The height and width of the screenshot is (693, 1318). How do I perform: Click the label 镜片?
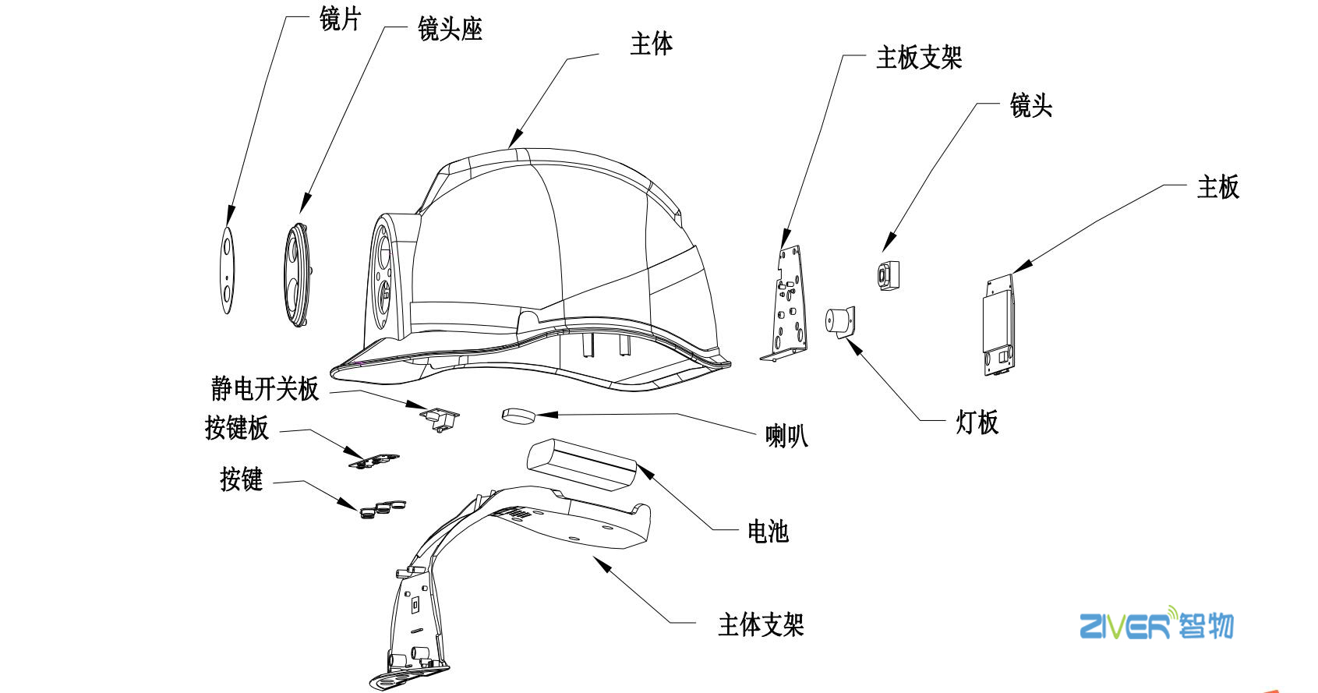pyautogui.click(x=340, y=19)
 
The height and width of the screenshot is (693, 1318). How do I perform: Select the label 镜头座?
pyautogui.click(x=450, y=30)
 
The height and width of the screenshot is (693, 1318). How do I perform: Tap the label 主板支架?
pyautogui.click(x=919, y=58)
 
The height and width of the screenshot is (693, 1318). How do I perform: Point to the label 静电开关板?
pyautogui.click(x=265, y=388)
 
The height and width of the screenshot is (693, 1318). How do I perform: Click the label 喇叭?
pyautogui.click(x=786, y=435)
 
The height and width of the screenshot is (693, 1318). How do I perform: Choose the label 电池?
pyautogui.click(x=768, y=532)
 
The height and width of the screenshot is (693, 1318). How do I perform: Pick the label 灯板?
pyautogui.click(x=977, y=423)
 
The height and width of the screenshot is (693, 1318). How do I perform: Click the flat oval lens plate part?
pyautogui.click(x=227, y=270)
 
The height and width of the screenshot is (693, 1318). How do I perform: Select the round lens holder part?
pyautogui.click(x=297, y=274)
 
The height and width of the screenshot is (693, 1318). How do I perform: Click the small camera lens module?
pyautogui.click(x=888, y=275)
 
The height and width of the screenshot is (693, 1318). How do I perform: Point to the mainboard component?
pyautogui.click(x=999, y=324)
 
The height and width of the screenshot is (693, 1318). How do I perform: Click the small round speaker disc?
pyautogui.click(x=518, y=415)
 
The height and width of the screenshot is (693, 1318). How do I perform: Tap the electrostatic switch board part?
pyautogui.click(x=440, y=418)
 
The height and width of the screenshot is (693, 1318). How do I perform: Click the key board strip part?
pyautogui.click(x=373, y=460)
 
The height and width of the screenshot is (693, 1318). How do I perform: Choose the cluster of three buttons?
pyautogui.click(x=383, y=508)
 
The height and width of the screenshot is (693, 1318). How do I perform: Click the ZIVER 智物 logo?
pyautogui.click(x=1156, y=625)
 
